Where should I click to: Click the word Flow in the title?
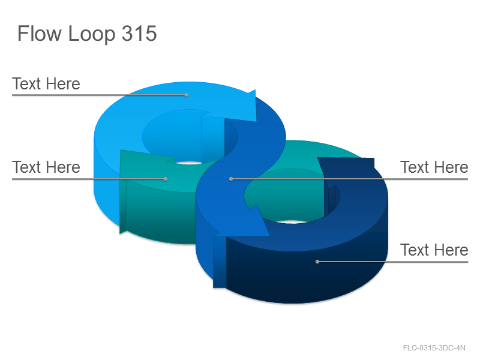tap(40, 33)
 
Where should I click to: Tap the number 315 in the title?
tap(139, 33)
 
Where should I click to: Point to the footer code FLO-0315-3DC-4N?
tap(434, 348)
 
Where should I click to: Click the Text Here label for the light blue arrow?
tap(46, 83)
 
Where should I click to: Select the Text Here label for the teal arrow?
tap(46, 167)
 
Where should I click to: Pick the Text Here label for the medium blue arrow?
tap(434, 167)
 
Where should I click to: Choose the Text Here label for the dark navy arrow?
tap(434, 250)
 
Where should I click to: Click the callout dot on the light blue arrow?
tap(187, 95)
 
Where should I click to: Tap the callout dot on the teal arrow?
tap(166, 179)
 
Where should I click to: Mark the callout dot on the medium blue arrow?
tap(231, 179)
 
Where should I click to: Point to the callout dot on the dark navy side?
tap(317, 262)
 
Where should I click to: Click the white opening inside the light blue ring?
tap(189, 163)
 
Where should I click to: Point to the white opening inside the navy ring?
tap(292, 221)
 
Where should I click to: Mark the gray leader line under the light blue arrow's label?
tap(99, 95)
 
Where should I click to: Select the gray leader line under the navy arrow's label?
tap(393, 262)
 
